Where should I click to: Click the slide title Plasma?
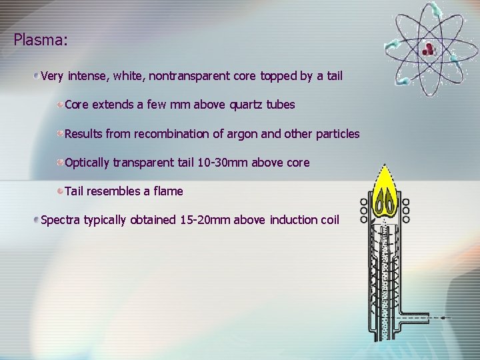[40, 40]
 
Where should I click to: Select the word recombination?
[171, 134]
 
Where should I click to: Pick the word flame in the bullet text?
[167, 191]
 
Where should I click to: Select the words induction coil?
[304, 220]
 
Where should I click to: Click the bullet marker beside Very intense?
[37, 76]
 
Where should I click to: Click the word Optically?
[87, 163]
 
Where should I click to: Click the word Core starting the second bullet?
[77, 105]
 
